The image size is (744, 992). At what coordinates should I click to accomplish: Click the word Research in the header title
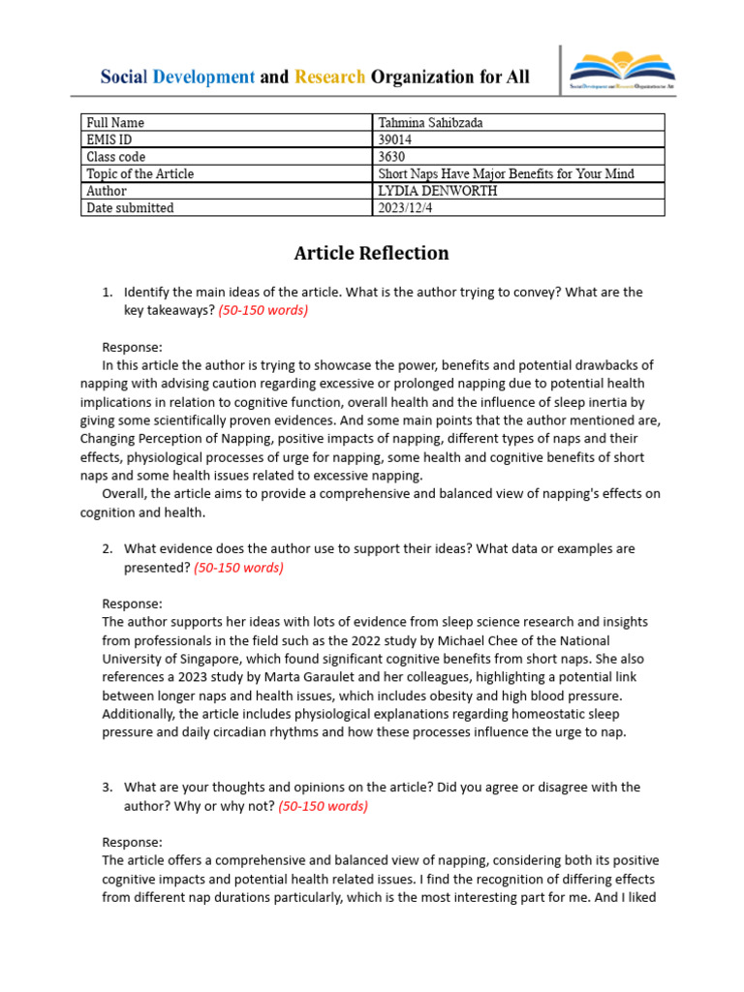coord(329,77)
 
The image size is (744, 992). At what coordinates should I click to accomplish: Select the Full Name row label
coord(115,123)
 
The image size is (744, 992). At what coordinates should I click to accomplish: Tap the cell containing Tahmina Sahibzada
coord(428,123)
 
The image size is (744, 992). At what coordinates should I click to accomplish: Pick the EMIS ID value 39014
coord(394,139)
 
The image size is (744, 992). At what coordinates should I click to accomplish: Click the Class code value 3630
coord(391,157)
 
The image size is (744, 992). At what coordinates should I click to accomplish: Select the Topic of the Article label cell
coord(139,173)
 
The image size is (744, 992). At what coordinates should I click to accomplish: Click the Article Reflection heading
coord(371,254)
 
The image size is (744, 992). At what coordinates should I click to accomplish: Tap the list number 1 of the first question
coord(108,293)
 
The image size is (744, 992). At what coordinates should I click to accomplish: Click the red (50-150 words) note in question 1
coord(263,310)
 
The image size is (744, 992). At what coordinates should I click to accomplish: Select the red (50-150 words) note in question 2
coord(238,568)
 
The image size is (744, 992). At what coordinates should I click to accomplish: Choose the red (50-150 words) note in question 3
coord(323,806)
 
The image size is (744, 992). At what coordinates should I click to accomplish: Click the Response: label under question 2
coord(133,604)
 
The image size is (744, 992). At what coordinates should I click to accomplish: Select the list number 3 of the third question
coord(108,789)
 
